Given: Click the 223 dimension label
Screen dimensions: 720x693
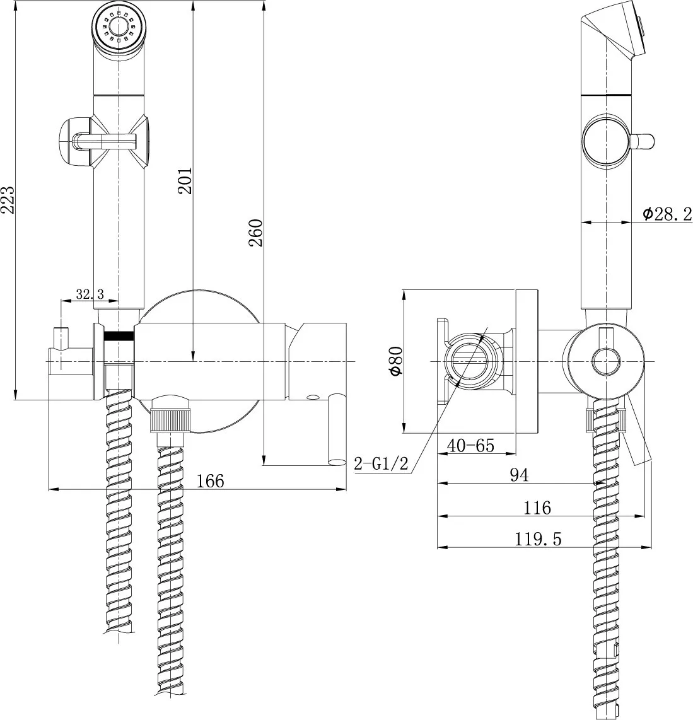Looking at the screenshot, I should click(8, 200).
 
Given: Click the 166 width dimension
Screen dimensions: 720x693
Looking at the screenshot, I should click(210, 480).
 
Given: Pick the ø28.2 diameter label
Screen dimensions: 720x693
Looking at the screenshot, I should click(667, 214).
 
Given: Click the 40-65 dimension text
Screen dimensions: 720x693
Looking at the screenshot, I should click(470, 445).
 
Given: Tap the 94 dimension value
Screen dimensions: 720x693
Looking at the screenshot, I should click(518, 475).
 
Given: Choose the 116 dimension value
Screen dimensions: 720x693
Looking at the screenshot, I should click(537, 507).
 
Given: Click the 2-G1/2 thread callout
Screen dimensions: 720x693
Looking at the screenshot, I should click(381, 465).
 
